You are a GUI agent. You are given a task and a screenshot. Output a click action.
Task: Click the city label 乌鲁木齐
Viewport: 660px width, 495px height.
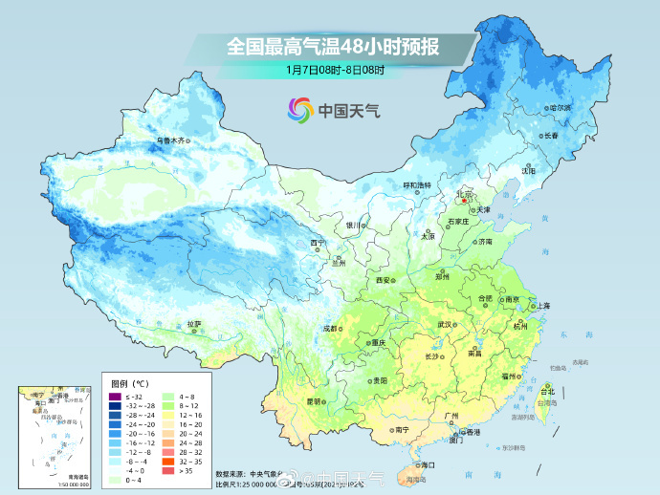click(169, 140)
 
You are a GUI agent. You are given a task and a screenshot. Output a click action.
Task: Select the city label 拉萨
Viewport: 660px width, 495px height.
click(194, 324)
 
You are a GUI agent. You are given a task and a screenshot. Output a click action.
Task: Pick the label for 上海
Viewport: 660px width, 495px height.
click(542, 306)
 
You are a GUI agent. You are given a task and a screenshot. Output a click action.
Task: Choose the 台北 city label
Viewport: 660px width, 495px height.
click(547, 391)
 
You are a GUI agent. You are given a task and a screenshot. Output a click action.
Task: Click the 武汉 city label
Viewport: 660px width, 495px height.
click(445, 325)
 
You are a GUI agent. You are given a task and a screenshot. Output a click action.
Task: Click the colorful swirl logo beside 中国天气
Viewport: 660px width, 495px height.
click(300, 110)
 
